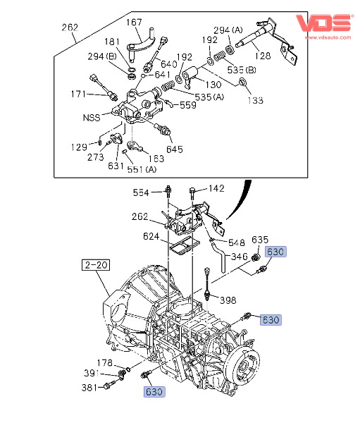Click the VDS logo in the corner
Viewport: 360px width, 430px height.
[324, 23]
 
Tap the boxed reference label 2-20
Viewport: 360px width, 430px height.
[96, 265]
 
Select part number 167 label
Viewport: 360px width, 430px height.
[134, 22]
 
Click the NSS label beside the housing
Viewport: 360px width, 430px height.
[92, 118]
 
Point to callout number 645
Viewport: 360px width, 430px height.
[175, 149]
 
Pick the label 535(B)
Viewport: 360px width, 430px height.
[242, 70]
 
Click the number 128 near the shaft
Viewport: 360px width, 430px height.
[263, 56]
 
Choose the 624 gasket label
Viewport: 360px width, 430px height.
[151, 236]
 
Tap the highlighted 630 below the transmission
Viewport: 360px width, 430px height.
[154, 392]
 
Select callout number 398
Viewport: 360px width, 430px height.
[228, 300]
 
